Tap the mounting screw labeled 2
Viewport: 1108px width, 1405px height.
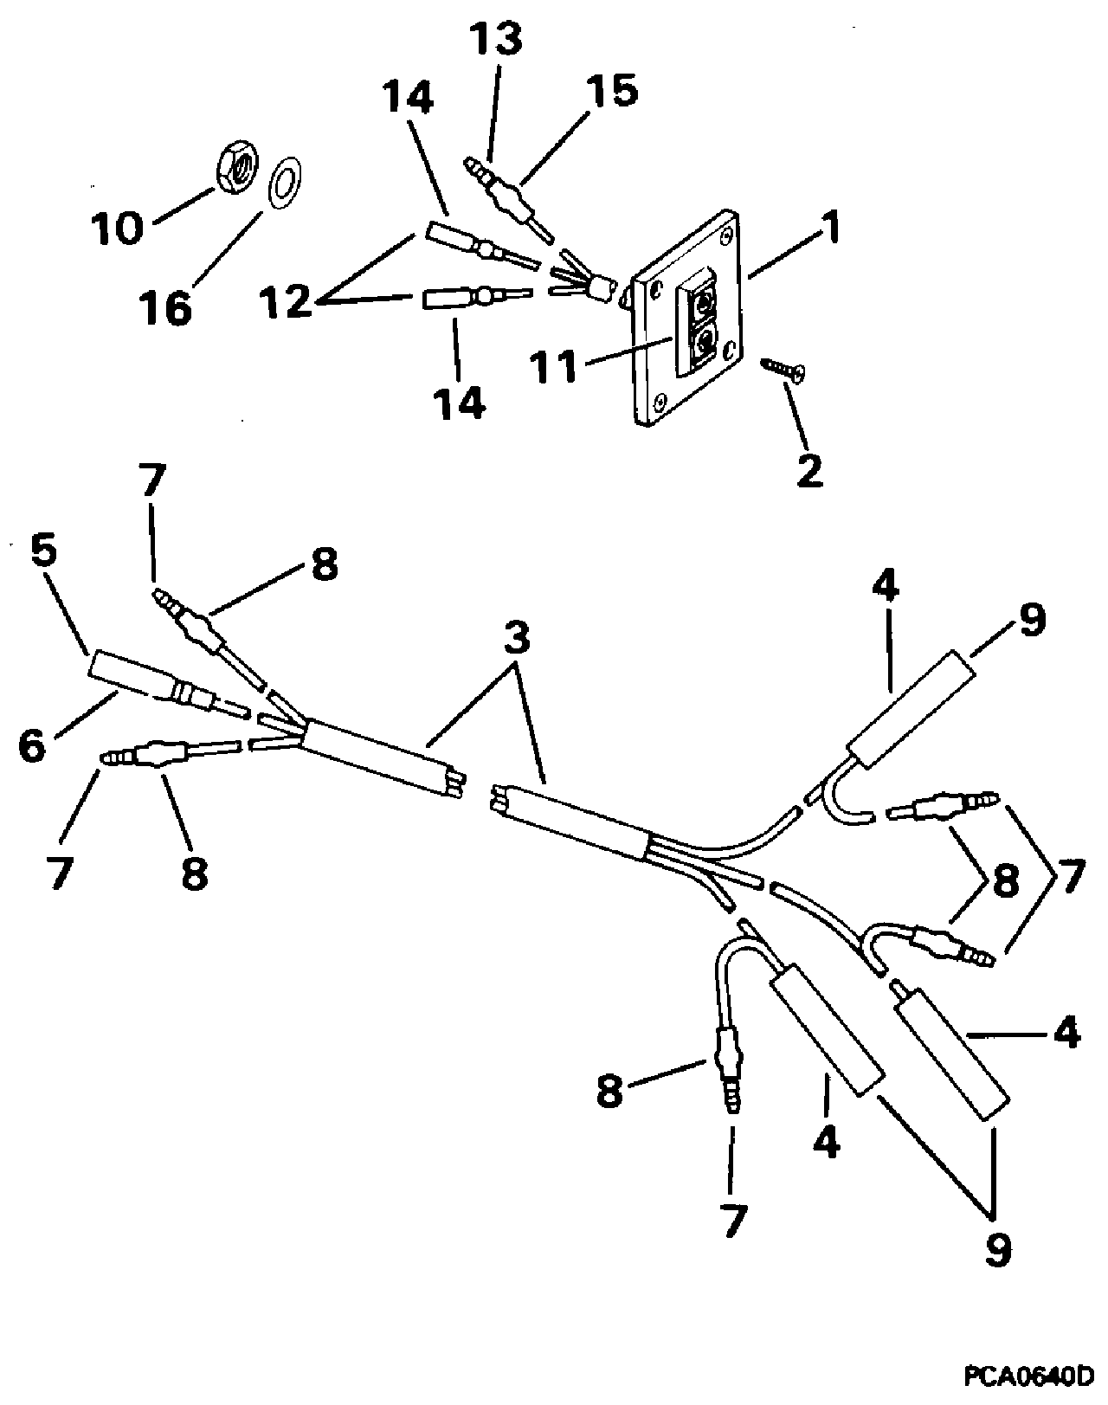coord(783,370)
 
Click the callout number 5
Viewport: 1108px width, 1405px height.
coord(44,551)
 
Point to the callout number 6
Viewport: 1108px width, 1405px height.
coord(33,745)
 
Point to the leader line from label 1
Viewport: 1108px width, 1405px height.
coord(780,261)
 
